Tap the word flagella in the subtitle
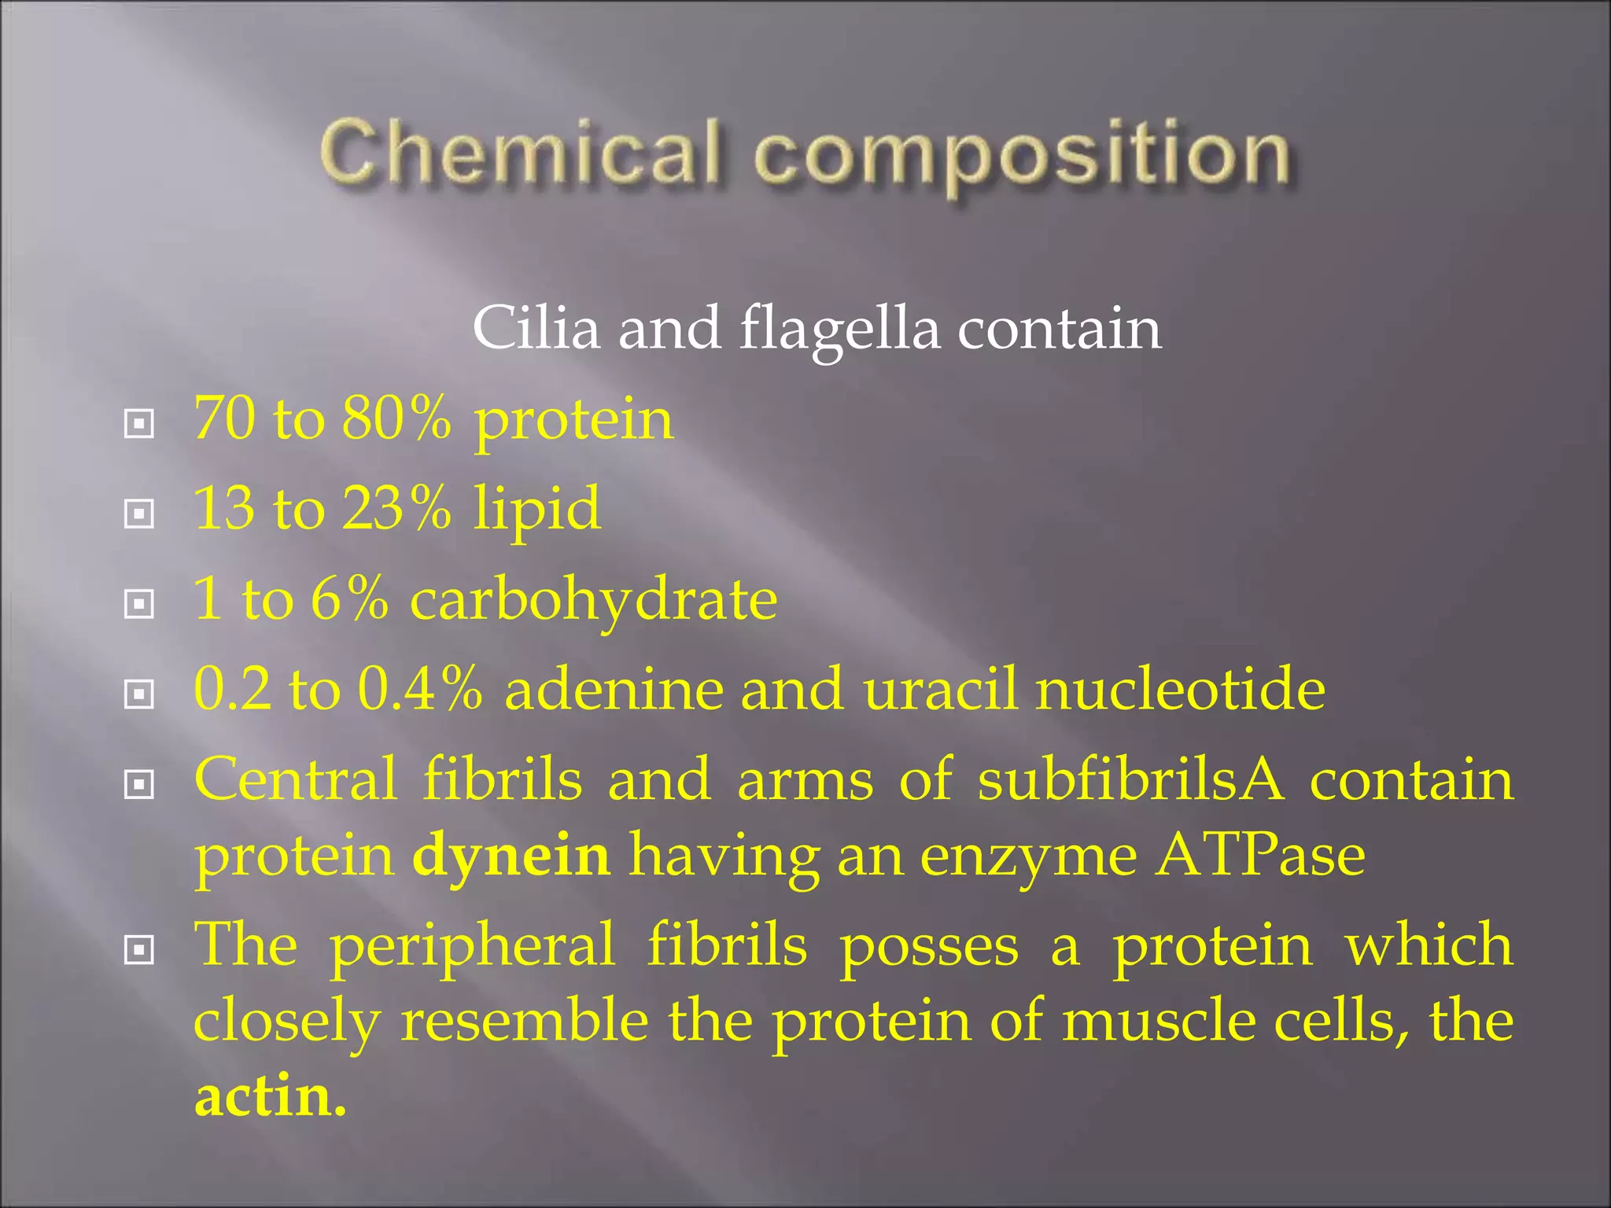839,329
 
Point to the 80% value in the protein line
396,418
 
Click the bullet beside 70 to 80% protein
139,425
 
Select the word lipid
537,510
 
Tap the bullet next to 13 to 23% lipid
139,514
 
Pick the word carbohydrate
594,600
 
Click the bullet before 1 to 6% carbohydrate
139,604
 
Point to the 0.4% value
420,689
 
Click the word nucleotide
1180,689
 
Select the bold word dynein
511,856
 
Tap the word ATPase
1261,856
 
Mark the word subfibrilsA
1130,779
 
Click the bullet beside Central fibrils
139,784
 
